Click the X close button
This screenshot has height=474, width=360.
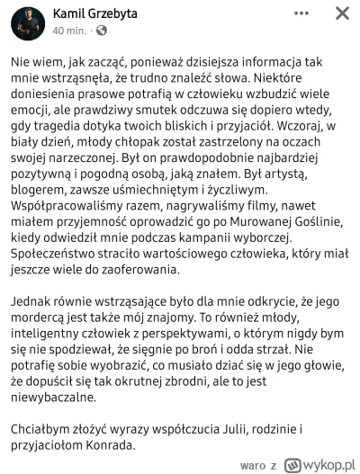click(x=342, y=15)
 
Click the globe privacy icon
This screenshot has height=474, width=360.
click(x=101, y=31)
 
